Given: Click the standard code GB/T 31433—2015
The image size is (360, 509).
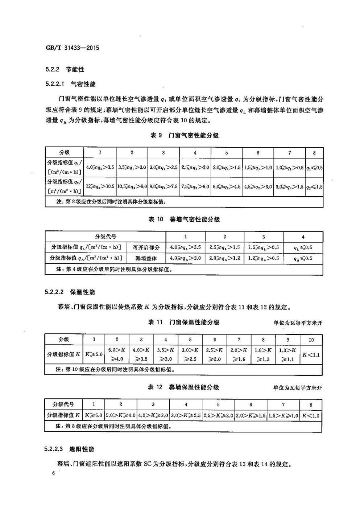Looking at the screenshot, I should [x=73, y=48].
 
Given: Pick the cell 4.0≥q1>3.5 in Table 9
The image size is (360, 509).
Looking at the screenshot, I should [x=100, y=168].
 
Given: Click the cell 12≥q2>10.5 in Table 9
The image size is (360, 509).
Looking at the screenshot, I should [x=100, y=186].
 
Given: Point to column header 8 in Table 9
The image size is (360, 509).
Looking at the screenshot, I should [x=314, y=153].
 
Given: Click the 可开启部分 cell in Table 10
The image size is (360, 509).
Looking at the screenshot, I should [x=146, y=247].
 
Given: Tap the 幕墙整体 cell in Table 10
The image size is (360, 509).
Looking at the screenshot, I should [x=146, y=258].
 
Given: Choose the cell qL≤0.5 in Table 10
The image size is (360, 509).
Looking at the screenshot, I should [x=303, y=247].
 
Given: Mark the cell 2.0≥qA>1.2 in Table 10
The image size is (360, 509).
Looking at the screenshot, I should [x=224, y=258].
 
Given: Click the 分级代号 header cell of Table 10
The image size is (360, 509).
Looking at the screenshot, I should [x=105, y=237].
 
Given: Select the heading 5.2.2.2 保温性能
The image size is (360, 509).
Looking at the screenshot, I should [x=70, y=292].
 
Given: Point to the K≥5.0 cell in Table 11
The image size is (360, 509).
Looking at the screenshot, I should [x=94, y=354].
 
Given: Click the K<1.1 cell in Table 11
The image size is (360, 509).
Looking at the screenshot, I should [x=311, y=354].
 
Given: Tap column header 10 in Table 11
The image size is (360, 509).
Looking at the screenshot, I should [x=311, y=340].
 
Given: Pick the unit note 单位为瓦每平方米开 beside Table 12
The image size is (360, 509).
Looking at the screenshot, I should [x=297, y=388].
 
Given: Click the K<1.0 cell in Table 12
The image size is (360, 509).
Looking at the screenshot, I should [x=311, y=415].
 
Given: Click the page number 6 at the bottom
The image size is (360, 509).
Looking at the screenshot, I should [x=53, y=473].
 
